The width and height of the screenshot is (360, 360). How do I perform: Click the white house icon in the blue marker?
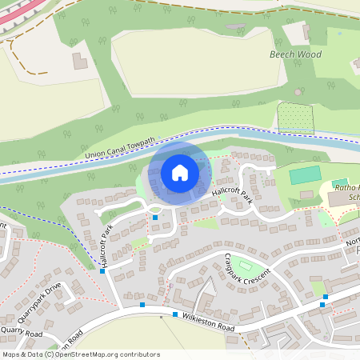point(180,172)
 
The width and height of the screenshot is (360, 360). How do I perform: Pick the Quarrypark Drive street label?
point(42,299)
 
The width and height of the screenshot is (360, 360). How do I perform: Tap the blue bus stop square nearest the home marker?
point(155,218)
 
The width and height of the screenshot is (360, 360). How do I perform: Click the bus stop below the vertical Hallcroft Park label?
point(102,271)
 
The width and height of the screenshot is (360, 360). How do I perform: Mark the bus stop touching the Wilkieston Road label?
point(175,314)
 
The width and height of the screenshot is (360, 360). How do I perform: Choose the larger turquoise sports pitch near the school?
point(303,174)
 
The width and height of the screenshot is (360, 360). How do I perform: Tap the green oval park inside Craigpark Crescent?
point(245,266)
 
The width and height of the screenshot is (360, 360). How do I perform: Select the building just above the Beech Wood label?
point(306,33)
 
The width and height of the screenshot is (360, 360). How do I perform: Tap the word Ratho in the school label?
point(345,187)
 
